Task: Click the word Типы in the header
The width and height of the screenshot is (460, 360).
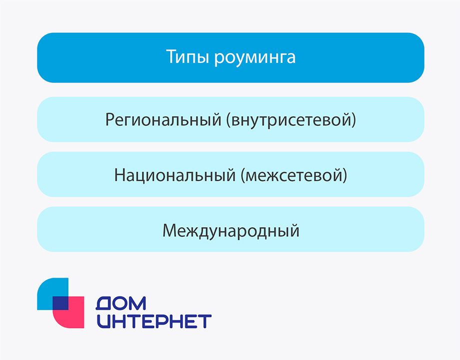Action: (x=188, y=57)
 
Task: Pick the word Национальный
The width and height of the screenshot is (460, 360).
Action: (x=174, y=176)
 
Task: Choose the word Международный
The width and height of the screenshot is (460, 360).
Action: (x=231, y=231)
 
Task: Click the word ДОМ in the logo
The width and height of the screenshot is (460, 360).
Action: (x=121, y=303)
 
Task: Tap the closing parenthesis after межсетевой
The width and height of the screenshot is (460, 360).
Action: (x=345, y=176)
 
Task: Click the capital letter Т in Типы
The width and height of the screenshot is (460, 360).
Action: (x=170, y=57)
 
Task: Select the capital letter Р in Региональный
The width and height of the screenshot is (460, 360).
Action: (x=109, y=120)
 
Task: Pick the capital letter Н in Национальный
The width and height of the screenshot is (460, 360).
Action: (x=119, y=175)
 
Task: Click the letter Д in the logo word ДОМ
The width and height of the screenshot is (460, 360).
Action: (x=104, y=303)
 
